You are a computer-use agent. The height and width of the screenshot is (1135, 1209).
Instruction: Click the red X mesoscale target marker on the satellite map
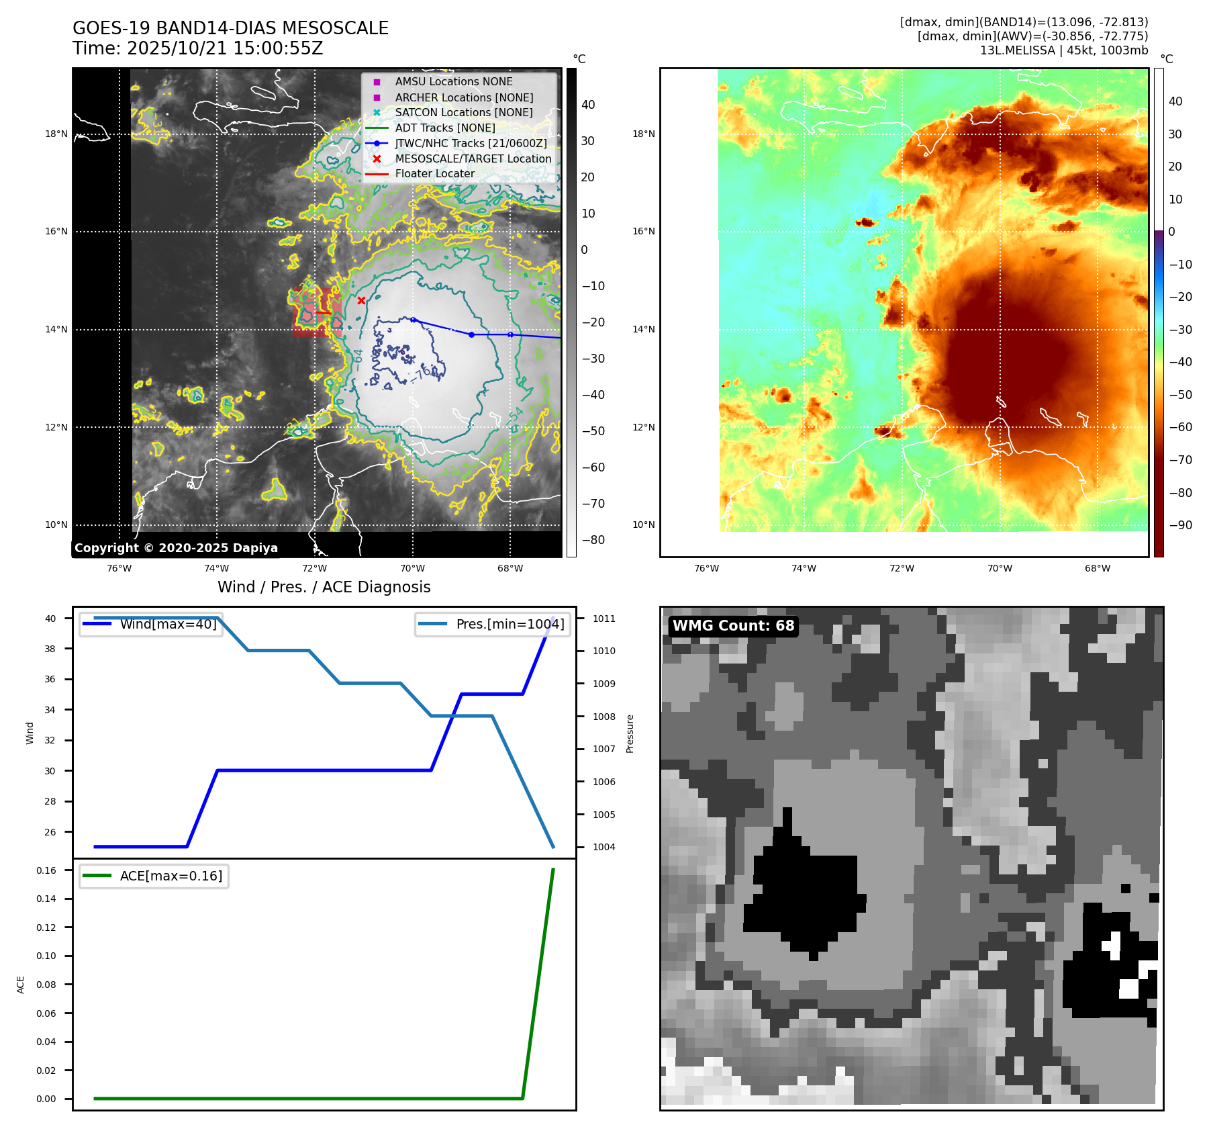361,300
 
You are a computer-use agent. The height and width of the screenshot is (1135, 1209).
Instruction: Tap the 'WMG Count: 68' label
733,626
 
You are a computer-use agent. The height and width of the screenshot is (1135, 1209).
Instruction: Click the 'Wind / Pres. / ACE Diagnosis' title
324,587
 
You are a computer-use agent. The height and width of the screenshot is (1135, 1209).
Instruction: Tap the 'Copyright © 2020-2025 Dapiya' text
176,548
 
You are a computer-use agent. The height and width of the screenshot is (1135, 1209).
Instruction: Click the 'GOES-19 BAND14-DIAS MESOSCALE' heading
230,28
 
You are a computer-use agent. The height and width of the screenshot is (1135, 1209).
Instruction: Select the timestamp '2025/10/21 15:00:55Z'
225,48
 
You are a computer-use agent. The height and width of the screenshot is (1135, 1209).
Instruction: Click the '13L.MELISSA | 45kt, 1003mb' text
1063,50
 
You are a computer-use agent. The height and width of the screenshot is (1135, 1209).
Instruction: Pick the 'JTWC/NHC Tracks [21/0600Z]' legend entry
471,143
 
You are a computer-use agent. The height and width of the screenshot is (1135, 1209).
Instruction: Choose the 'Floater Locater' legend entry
434,174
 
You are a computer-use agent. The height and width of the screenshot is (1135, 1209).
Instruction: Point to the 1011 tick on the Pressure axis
603,619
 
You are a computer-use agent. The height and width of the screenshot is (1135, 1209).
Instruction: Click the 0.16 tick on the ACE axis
46,870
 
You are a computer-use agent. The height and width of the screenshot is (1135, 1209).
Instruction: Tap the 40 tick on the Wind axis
50,619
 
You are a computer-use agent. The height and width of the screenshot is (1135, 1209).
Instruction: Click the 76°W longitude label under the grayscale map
119,568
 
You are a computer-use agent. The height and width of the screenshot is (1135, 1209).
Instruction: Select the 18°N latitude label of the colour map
643,134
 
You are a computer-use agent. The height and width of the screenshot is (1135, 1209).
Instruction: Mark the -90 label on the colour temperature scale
1180,525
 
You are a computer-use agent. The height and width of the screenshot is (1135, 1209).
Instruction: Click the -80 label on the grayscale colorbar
593,540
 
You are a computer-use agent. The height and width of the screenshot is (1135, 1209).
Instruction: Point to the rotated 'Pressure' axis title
630,733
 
